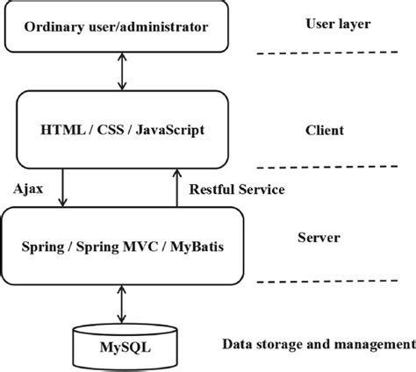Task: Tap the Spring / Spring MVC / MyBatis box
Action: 122,245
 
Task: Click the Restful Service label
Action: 236,188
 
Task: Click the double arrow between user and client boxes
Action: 122,71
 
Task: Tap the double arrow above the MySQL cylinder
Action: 122,304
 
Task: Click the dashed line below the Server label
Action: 334,282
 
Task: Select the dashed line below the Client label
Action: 334,167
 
